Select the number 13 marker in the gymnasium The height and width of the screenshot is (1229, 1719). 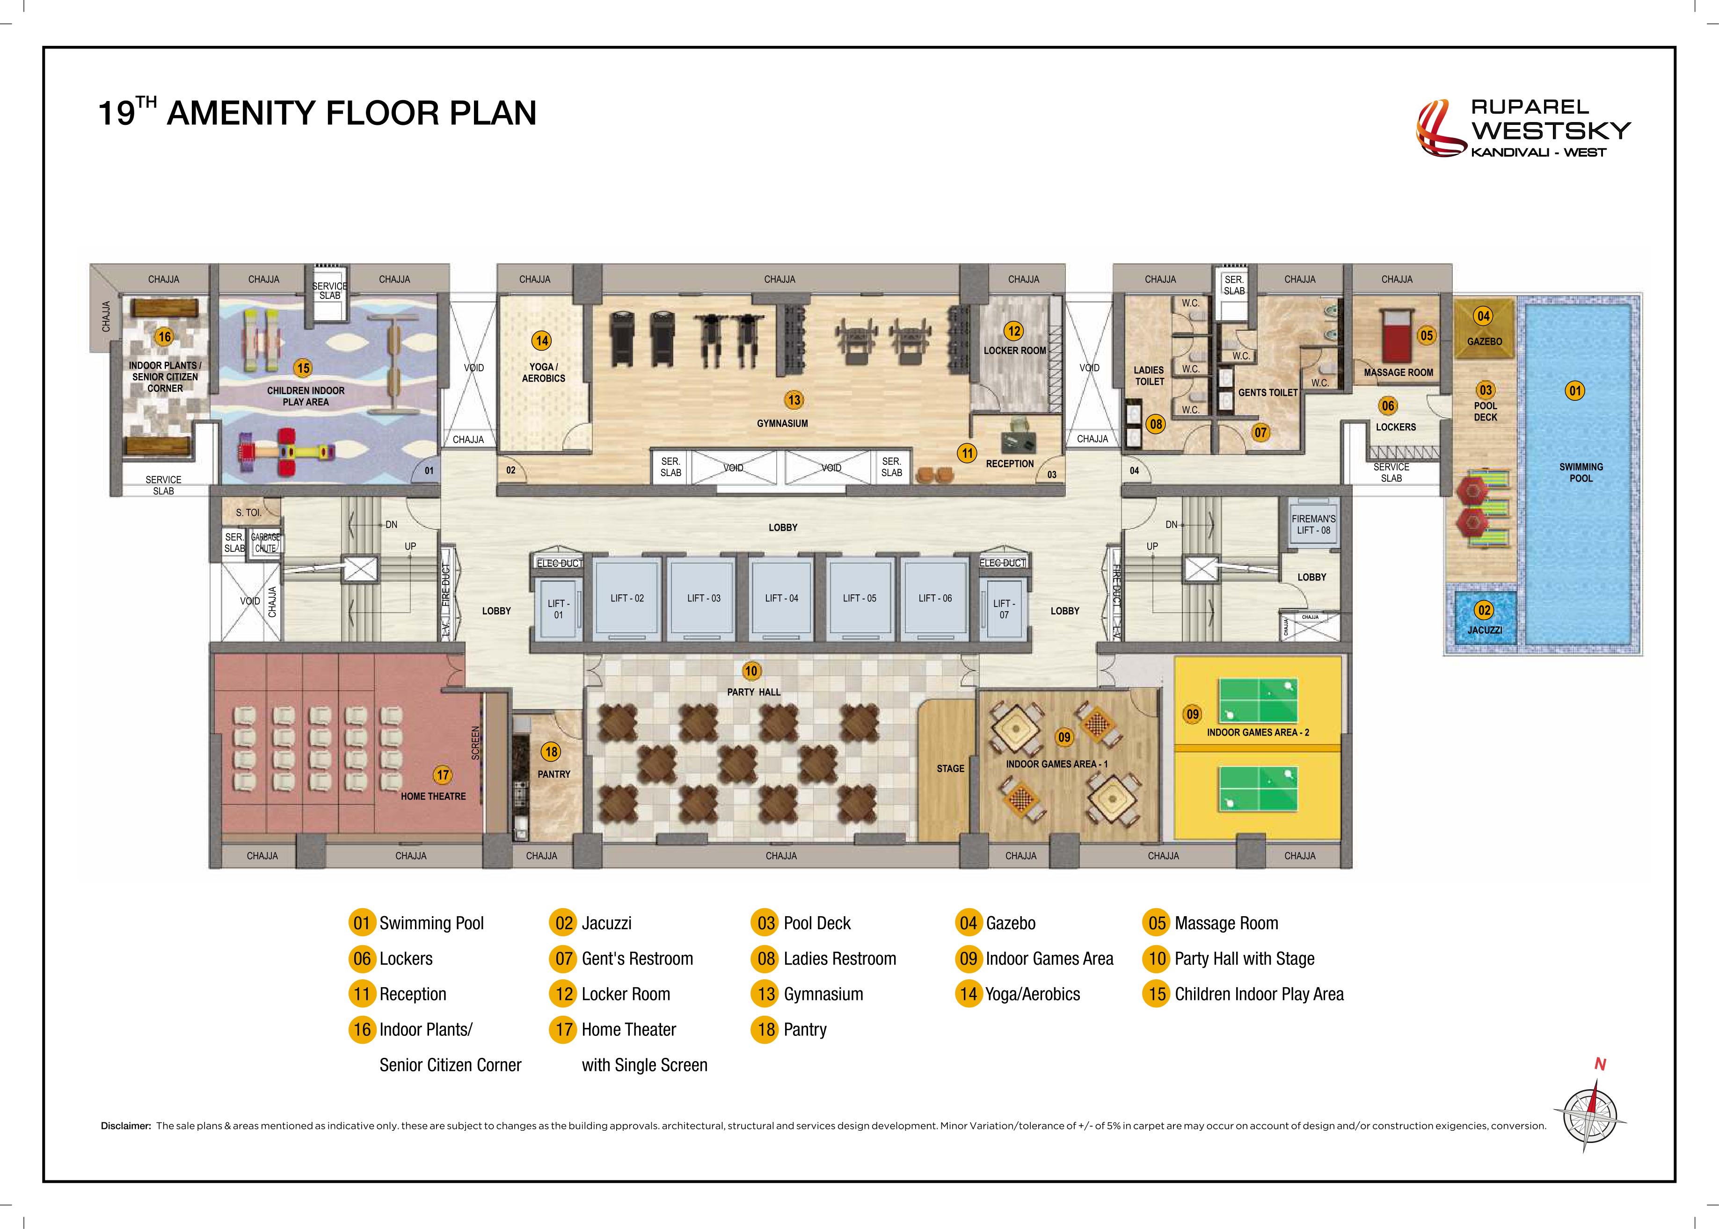coord(793,399)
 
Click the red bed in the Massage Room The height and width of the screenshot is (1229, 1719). coord(1397,335)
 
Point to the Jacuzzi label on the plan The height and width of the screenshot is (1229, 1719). coord(1484,629)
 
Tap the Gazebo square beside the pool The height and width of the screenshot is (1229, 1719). coord(1484,328)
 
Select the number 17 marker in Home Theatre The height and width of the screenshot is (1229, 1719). coord(442,775)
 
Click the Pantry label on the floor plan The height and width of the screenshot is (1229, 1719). coord(554,774)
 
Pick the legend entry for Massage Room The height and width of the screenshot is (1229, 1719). coord(1210,923)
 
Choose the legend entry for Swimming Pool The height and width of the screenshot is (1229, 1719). coord(416,923)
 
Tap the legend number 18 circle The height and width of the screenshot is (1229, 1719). coord(766,1029)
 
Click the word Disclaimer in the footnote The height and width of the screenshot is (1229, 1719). coord(126,1126)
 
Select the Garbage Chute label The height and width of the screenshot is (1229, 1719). coord(266,542)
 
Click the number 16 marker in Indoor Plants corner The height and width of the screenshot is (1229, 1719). coord(164,337)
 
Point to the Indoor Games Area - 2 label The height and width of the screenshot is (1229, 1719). coord(1258,732)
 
